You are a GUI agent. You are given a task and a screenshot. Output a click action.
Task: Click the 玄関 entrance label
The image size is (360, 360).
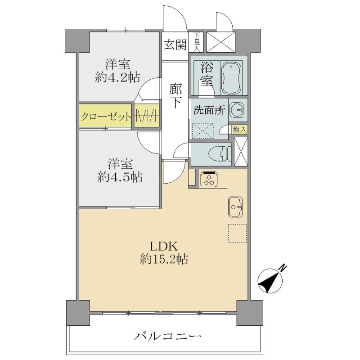[x=175, y=45]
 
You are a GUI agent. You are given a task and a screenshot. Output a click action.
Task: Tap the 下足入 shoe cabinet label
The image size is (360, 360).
[x=197, y=42]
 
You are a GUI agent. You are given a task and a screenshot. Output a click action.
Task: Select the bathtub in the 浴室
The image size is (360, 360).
[x=231, y=78]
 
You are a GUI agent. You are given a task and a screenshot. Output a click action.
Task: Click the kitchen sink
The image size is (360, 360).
[x=235, y=207]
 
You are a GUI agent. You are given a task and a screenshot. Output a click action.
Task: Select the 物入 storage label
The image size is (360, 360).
[x=239, y=130]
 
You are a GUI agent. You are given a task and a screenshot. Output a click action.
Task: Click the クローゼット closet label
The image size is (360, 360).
[x=106, y=117]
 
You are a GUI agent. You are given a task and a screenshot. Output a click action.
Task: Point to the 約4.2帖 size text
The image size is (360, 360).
[x=117, y=78]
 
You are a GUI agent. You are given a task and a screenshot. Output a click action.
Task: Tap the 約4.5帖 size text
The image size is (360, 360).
[x=120, y=177]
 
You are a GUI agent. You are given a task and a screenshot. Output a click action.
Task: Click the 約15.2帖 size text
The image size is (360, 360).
[x=164, y=260]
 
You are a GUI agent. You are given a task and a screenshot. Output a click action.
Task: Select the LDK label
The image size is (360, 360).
[x=164, y=246]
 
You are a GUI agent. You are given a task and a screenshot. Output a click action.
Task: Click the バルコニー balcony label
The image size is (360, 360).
[x=168, y=337]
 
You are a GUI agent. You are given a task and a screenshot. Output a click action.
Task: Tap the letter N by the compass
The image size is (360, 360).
[x=283, y=267]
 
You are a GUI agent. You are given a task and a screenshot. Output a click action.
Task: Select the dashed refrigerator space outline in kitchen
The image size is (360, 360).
[x=238, y=233]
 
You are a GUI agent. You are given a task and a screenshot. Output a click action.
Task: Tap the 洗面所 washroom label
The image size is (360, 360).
[x=209, y=110]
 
